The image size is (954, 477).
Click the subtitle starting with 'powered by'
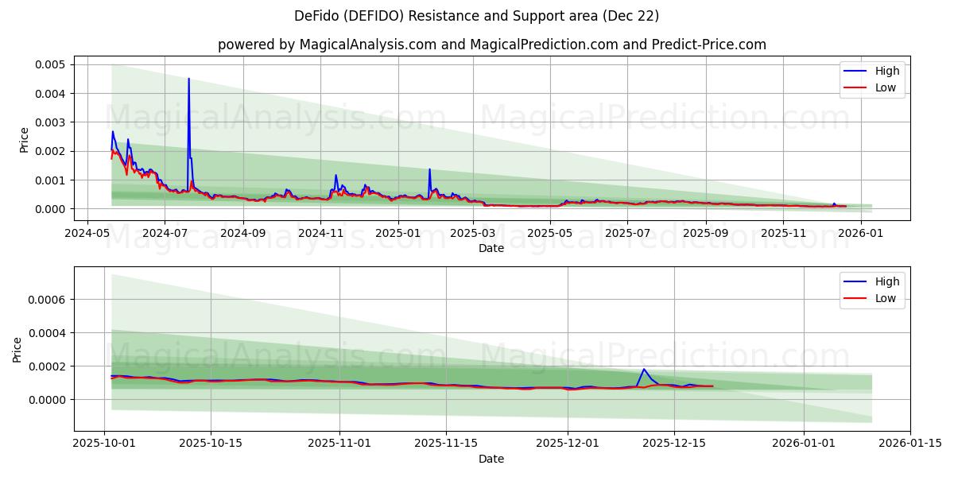[x=492, y=45]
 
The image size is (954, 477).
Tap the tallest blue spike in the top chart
[x=188, y=79]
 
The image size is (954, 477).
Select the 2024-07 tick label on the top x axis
[x=165, y=234]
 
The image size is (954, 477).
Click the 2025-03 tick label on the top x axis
[x=474, y=234]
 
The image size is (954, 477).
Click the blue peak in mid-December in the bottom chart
[x=644, y=369]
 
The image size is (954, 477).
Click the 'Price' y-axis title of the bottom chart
[x=17, y=349]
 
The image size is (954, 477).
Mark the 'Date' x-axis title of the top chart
[x=491, y=248]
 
